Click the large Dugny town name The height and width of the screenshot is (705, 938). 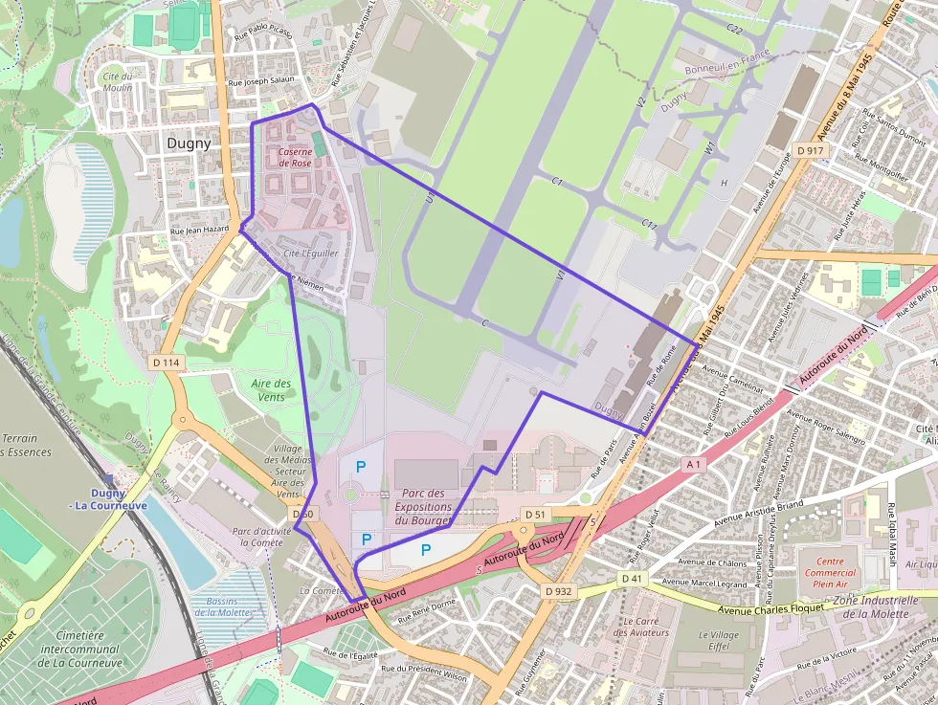189,143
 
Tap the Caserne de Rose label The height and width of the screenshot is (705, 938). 295,158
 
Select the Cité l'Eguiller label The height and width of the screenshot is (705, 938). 311,253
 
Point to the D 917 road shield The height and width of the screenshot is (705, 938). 810,151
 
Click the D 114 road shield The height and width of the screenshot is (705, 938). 166,363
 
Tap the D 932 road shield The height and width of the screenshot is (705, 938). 557,591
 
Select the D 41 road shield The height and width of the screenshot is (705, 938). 632,579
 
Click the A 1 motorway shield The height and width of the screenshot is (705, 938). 694,464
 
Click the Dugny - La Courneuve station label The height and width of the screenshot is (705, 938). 107,499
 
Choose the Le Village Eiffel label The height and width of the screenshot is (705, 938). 718,641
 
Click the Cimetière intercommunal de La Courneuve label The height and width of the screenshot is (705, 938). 80,649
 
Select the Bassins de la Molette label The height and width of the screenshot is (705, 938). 222,606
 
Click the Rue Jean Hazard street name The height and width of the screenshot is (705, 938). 199,230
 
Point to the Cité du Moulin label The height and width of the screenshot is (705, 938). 118,81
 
